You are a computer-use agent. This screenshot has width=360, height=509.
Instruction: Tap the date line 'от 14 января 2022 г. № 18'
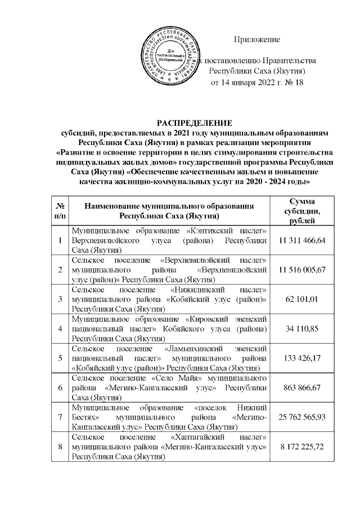coord(256,83)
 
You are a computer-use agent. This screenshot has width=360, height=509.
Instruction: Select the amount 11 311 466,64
coord(301,240)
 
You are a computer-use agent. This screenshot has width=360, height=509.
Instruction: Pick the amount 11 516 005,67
coord(301,269)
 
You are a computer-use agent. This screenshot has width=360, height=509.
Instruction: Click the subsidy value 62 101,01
coord(301,299)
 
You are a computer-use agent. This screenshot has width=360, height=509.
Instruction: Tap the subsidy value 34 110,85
coord(301,328)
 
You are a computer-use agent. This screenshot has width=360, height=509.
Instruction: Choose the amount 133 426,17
coord(301,357)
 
